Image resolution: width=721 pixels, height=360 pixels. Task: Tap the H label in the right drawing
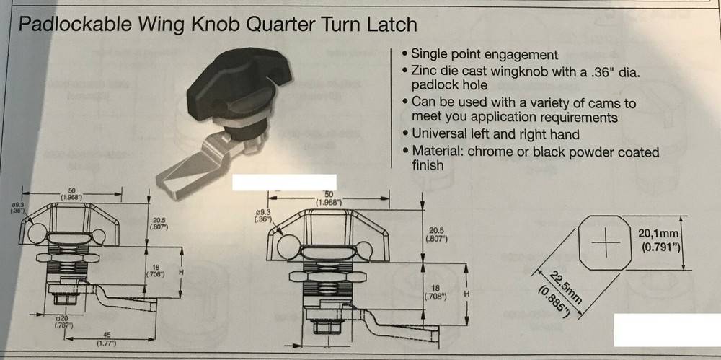pos(467,294)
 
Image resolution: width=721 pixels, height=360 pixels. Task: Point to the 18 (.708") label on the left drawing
pos(156,270)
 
